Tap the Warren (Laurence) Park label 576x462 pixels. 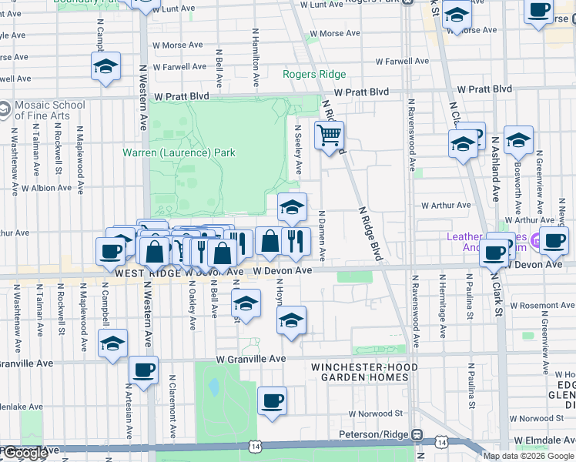[x=179, y=152]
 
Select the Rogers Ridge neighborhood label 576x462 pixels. [x=314, y=75]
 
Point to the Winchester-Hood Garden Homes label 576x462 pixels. [x=364, y=372]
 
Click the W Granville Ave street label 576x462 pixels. [x=251, y=359]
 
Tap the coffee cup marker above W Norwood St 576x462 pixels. [x=272, y=400]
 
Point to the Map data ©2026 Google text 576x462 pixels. [x=528, y=456]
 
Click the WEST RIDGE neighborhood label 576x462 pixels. [x=148, y=273]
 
